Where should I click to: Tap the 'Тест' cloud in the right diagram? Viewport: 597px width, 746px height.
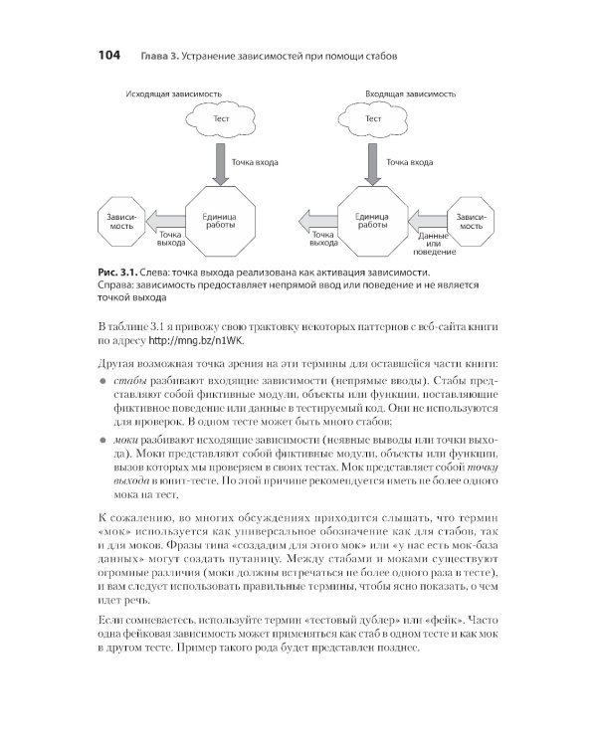pos(373,120)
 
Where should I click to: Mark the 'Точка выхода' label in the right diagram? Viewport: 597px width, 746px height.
pos(324,239)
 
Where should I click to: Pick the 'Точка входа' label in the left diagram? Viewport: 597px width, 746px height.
pos(255,161)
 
